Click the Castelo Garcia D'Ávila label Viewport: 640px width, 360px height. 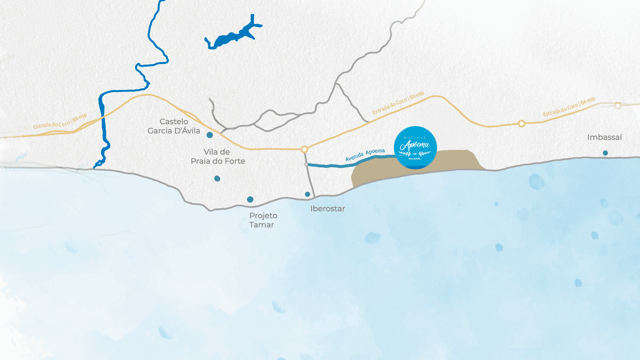point(174,126)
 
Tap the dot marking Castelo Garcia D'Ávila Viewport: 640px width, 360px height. point(210,135)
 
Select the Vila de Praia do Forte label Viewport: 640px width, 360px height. point(218,156)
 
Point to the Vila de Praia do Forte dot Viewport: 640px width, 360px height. point(217,179)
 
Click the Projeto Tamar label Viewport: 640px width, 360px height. point(263,220)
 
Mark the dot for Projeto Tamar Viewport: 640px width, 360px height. point(250,199)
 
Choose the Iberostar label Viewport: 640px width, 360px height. point(327,209)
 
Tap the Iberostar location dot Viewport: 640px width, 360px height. point(307,194)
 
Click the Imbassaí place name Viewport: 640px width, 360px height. point(604,137)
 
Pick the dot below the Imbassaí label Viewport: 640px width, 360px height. point(605,153)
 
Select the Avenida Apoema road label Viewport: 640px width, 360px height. point(365,155)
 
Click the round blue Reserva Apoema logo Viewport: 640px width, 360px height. point(415,147)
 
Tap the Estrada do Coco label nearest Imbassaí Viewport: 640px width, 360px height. point(569,107)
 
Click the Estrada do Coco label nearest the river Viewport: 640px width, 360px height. point(60,121)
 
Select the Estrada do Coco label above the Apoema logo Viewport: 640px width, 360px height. point(398,103)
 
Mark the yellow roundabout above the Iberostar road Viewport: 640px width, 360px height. point(304,149)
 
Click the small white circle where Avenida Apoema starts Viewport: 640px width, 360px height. point(306,164)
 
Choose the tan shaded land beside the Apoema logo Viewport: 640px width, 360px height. point(457,162)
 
